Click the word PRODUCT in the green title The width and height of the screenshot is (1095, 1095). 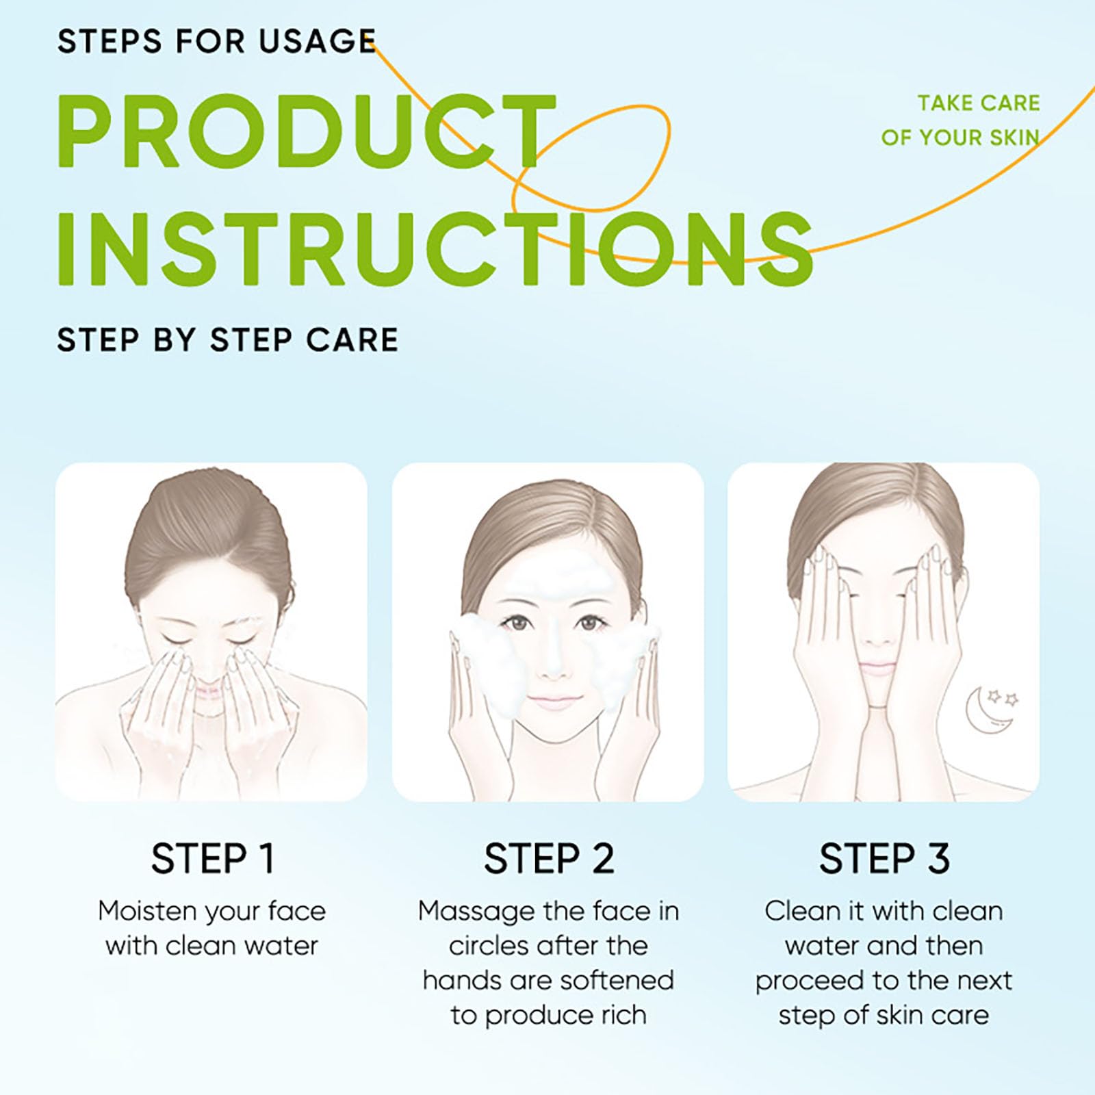[307, 131]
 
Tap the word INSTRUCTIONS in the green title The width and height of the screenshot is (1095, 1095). [435, 248]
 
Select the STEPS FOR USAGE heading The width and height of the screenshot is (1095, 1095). [216, 41]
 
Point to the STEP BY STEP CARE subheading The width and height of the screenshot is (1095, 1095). [227, 339]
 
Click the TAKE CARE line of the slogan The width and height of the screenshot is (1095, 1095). [979, 103]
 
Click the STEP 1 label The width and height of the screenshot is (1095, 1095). [213, 858]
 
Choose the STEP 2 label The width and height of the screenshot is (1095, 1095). [549, 858]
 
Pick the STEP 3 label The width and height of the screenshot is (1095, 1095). [884, 858]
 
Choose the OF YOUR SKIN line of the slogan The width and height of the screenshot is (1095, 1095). [960, 138]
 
